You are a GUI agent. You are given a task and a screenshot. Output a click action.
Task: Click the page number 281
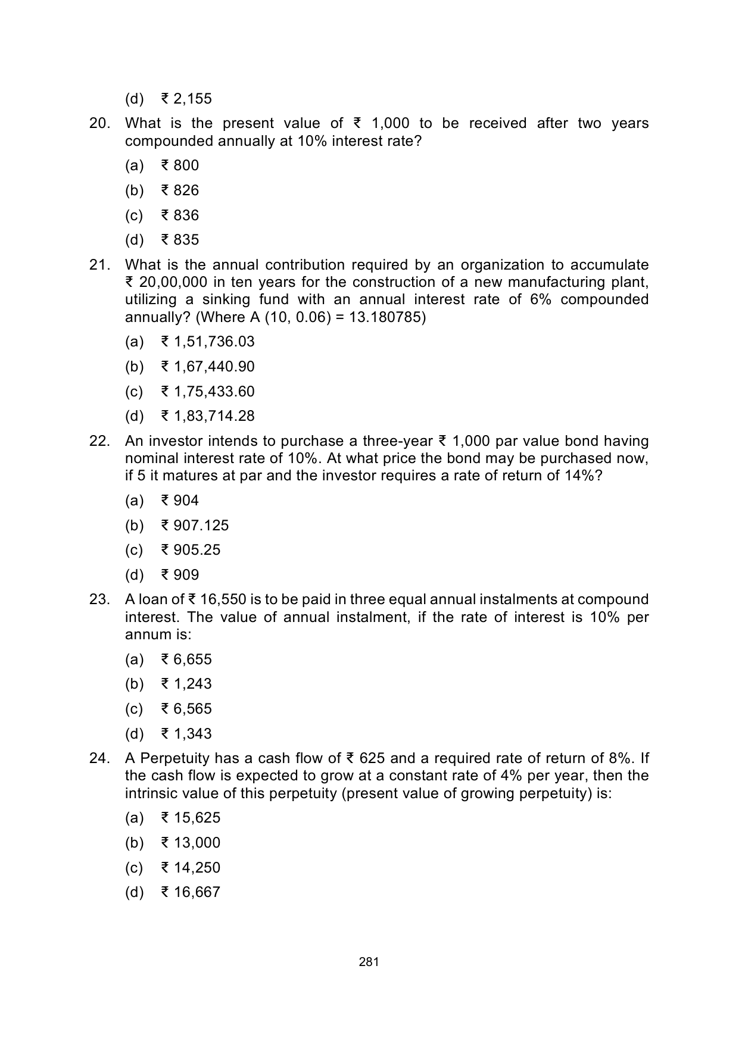[x=369, y=961]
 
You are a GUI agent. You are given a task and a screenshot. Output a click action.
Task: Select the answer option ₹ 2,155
[x=186, y=99]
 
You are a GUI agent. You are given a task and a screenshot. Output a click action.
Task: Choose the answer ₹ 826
[x=180, y=190]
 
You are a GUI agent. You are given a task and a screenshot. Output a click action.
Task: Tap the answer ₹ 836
[x=180, y=215]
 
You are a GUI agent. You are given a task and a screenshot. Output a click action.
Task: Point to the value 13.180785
[x=385, y=317]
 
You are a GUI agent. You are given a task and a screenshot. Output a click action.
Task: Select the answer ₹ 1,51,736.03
[x=208, y=342]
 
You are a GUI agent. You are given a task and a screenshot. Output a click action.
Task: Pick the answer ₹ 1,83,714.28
[x=208, y=416]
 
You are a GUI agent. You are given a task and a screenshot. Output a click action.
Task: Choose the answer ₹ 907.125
[x=195, y=526]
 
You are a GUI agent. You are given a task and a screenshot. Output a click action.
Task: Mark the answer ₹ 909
[x=180, y=575]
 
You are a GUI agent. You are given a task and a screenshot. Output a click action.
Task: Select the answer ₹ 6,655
[x=186, y=659]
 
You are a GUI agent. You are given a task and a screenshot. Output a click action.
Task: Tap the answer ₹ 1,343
[x=186, y=734]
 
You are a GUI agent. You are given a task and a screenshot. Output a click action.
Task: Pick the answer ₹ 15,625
[x=191, y=818]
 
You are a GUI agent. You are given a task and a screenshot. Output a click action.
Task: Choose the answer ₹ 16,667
[x=191, y=892]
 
